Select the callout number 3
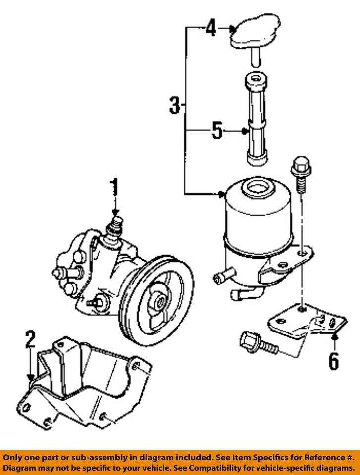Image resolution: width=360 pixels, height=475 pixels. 174,105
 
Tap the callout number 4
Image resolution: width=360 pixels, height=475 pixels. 211,29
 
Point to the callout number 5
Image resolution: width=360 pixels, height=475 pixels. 217,131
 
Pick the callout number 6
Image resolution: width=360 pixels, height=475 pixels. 333,360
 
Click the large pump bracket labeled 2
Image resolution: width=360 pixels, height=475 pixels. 84,381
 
